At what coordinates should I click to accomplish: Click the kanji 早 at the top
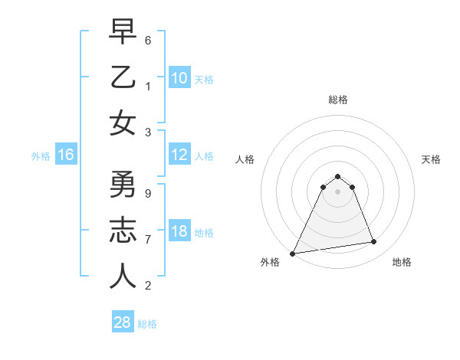point(123,31)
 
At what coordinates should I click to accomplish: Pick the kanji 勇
point(123,185)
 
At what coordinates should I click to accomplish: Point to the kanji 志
point(123,231)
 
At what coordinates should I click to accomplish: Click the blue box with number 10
point(179,77)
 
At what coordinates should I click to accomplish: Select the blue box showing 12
point(179,155)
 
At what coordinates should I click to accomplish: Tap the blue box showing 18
point(179,232)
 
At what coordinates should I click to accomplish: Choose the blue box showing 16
point(66,155)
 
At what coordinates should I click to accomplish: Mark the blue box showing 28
point(123,322)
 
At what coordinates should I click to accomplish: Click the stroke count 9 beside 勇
point(148,193)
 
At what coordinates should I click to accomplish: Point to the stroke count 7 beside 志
point(148,239)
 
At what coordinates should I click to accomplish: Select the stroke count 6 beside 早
point(148,39)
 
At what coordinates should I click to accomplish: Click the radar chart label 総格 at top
point(337,100)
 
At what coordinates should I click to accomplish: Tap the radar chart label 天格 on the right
point(431,159)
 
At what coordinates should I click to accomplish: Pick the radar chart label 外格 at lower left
point(270,262)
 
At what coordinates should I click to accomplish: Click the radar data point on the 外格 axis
point(292,254)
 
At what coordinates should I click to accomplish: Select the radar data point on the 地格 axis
point(374,242)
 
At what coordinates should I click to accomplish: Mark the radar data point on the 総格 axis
point(337,176)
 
